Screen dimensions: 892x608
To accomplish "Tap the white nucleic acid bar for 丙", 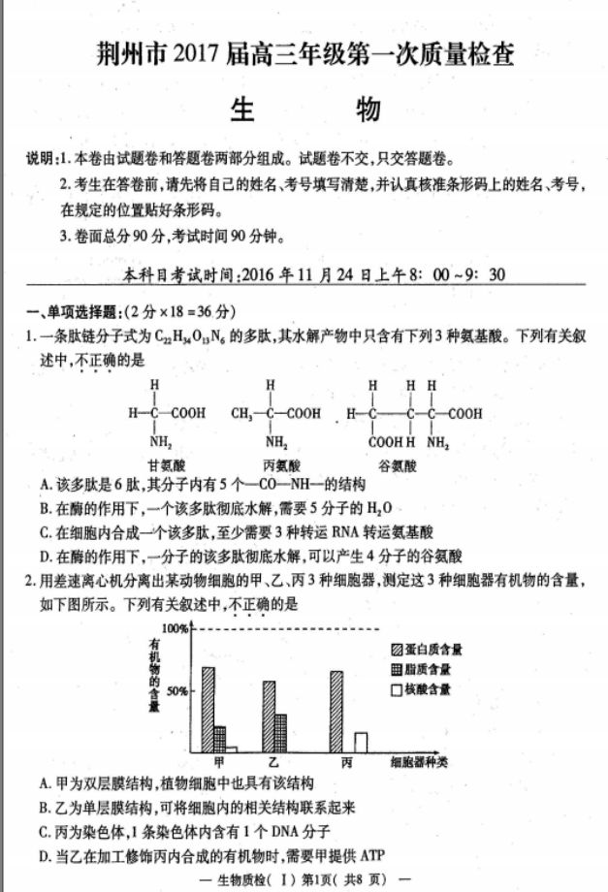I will (360, 743).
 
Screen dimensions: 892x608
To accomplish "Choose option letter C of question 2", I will (45, 831).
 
